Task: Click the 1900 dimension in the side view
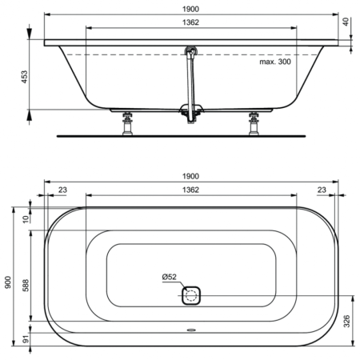[190, 8]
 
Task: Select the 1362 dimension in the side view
[190, 22]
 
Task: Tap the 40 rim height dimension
[346, 22]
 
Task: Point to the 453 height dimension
[24, 76]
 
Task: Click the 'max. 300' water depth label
[275, 61]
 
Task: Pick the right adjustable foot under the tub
[255, 123]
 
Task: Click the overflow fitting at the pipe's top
[190, 51]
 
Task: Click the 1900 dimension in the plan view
[190, 176]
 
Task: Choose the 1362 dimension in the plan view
[190, 190]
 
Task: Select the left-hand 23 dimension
[62, 190]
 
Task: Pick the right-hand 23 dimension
[321, 190]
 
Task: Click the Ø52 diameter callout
[169, 277]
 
